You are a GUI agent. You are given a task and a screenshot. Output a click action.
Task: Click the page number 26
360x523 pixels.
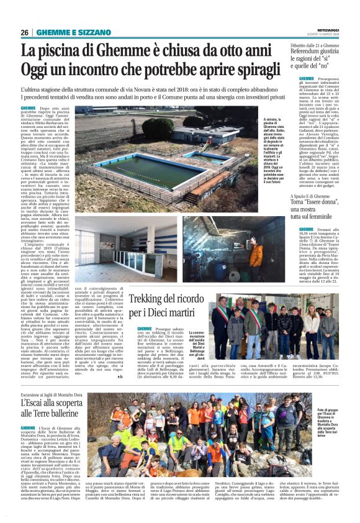(25, 33)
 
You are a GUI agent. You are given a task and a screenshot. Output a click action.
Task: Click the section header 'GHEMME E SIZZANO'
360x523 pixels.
(66, 33)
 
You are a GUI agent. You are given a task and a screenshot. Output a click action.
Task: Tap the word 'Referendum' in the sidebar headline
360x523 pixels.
(314, 53)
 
